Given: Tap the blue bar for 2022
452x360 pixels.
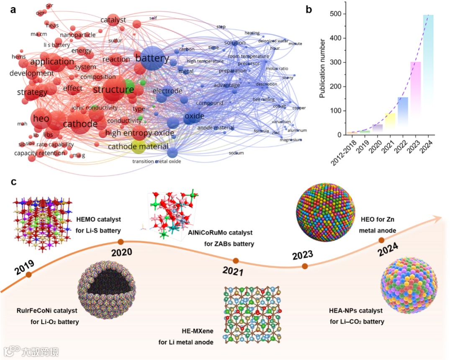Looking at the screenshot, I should (403, 113).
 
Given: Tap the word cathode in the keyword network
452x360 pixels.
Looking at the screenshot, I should (80, 124).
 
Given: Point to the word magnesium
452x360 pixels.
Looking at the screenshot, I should (290, 140).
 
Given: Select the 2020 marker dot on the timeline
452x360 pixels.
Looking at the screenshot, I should (121, 242).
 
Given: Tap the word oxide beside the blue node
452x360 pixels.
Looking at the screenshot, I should (195, 116).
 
